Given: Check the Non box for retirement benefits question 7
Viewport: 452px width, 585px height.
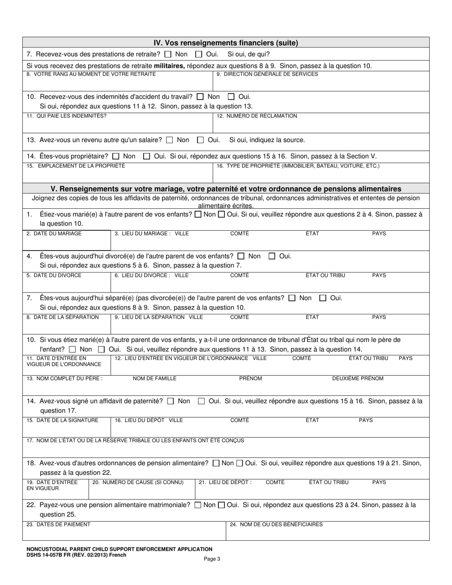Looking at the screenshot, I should tap(168, 54).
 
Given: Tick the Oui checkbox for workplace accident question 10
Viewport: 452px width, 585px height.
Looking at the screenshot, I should tap(231, 97).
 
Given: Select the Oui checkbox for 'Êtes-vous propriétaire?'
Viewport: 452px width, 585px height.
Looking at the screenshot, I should tap(147, 156).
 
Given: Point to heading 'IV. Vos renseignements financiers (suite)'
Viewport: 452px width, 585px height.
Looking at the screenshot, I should tap(226, 43).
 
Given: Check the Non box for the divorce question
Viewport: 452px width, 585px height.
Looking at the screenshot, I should tap(241, 256).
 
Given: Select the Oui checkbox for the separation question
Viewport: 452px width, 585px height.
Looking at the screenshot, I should tap(323, 298).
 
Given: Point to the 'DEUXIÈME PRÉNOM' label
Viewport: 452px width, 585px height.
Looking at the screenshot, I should tap(357, 379).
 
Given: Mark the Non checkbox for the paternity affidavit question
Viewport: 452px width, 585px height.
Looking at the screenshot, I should tap(171, 401).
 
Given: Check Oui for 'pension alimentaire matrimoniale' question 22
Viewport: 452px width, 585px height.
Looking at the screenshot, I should tap(221, 505).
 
